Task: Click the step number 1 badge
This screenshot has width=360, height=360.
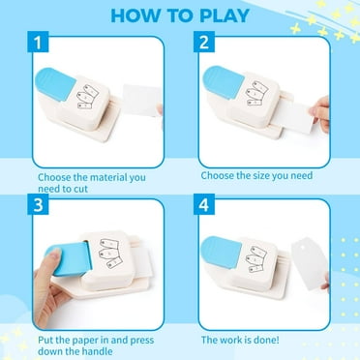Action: click(x=38, y=42)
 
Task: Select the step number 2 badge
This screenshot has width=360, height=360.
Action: click(x=204, y=42)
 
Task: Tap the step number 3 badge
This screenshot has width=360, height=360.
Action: click(x=38, y=204)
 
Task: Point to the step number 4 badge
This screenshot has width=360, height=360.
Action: click(x=204, y=204)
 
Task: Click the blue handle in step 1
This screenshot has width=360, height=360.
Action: click(x=55, y=84)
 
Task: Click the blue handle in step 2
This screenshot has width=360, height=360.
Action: click(x=224, y=81)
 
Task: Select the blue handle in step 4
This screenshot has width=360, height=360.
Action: click(x=221, y=253)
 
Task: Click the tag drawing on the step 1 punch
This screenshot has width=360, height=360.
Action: click(x=88, y=97)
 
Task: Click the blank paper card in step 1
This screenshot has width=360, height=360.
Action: click(x=142, y=100)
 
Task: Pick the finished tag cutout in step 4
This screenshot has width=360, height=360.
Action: click(x=310, y=263)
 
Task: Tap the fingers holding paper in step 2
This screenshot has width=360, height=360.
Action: click(x=320, y=113)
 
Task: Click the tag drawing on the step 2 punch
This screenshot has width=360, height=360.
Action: click(x=256, y=93)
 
